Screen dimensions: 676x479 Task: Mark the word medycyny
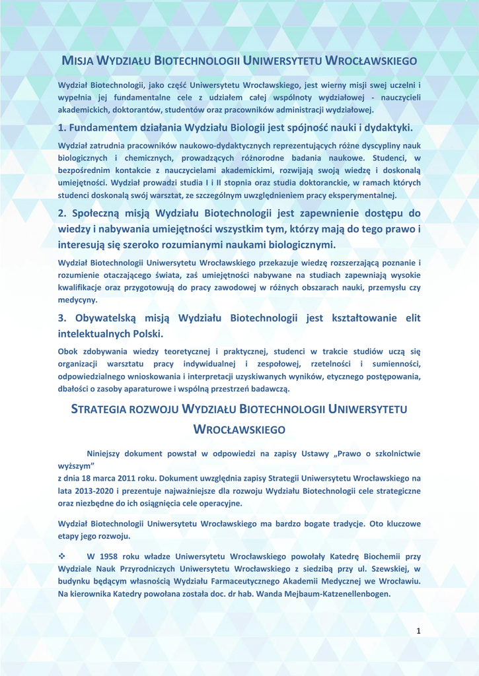77,300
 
